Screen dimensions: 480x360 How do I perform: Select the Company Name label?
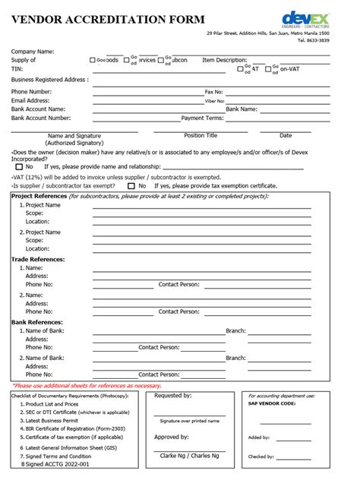32,51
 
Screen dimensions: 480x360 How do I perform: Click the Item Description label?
224,59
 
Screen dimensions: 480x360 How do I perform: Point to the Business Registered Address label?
49,79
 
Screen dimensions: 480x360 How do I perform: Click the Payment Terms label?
202,118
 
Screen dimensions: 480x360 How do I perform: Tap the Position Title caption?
201,135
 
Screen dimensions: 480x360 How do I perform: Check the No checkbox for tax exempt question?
131,185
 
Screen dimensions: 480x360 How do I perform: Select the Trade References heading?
37,259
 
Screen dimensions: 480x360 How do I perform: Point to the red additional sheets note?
77,386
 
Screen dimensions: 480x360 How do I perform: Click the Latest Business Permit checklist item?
52,421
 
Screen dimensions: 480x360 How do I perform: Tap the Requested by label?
172,396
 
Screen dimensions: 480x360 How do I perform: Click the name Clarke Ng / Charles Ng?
189,455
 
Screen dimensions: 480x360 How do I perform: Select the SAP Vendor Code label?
271,404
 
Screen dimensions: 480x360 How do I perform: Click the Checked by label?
261,456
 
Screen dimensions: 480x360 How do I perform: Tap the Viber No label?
215,100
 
